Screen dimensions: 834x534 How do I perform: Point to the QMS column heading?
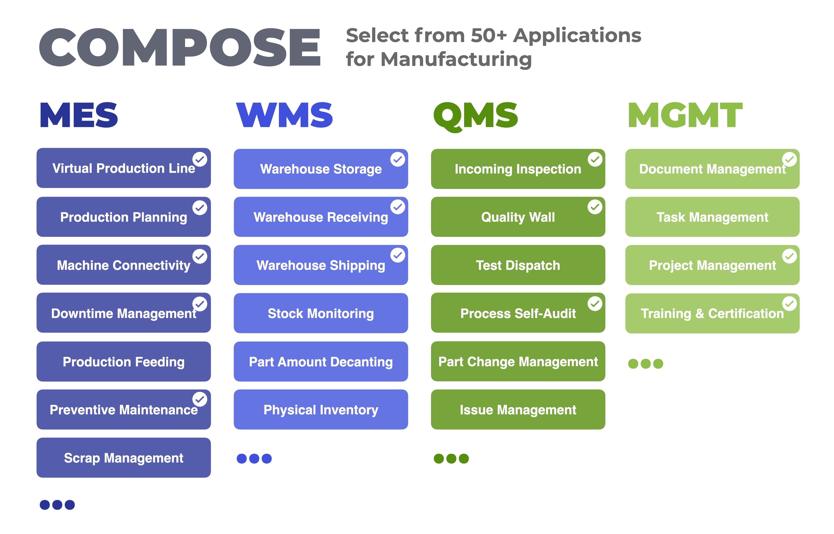[x=476, y=117]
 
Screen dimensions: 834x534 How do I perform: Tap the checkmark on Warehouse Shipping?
[x=398, y=255]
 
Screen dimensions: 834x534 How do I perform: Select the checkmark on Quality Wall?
[x=595, y=207]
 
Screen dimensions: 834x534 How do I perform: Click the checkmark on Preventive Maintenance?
[x=200, y=399]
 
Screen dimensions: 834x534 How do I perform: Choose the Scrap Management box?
[x=124, y=458]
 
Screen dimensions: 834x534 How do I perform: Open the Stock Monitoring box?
[x=321, y=313]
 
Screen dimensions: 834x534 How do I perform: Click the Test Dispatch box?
[x=518, y=265]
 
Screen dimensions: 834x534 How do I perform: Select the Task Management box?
[x=712, y=217]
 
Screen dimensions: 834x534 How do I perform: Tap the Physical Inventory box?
[x=321, y=410]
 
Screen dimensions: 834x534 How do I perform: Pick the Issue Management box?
[x=518, y=410]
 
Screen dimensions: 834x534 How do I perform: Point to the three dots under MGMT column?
[x=646, y=364]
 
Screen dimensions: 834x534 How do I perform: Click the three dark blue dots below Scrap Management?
[x=57, y=505]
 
